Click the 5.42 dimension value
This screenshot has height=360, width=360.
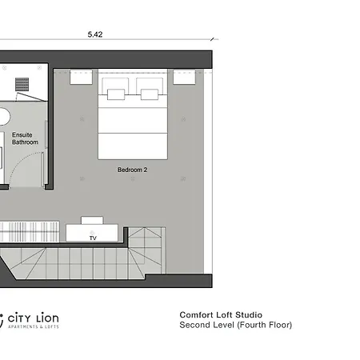coord(95,34)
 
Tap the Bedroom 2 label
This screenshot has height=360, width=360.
coord(132,170)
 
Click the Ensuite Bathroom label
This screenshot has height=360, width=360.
coord(25,138)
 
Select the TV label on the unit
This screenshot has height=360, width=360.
coord(93,238)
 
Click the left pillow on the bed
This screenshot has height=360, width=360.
coord(116,94)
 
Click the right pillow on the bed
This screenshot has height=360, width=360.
coord(150,94)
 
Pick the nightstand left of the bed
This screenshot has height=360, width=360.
coord(81,77)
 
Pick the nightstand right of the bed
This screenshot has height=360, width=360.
coord(184,77)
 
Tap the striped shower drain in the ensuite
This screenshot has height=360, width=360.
coord(22,84)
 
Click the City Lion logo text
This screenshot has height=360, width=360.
coord(33,318)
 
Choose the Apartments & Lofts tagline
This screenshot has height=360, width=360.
coord(34,326)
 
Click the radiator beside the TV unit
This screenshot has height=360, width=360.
coord(30,232)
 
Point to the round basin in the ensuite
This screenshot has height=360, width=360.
coord(6,116)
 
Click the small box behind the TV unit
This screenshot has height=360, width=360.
coord(92,220)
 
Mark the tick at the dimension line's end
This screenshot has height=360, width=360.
coord(212,39)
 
